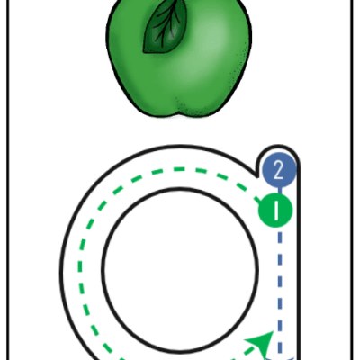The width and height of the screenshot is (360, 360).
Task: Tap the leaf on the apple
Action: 166,27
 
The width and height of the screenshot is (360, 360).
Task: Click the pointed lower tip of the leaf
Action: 144,51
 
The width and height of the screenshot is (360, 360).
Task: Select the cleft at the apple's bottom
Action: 179,112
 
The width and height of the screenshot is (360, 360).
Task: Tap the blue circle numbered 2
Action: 279,170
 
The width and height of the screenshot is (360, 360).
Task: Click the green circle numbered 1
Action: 275,210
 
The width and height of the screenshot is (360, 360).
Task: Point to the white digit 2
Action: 279,170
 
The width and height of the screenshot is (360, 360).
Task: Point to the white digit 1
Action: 276,210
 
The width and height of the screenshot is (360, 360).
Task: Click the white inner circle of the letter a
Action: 180,269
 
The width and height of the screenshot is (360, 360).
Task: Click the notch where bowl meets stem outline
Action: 257,177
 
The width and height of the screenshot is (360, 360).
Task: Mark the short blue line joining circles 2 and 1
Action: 280,190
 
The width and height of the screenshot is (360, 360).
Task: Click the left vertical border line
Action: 7,180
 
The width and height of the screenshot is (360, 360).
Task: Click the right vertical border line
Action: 352,180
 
